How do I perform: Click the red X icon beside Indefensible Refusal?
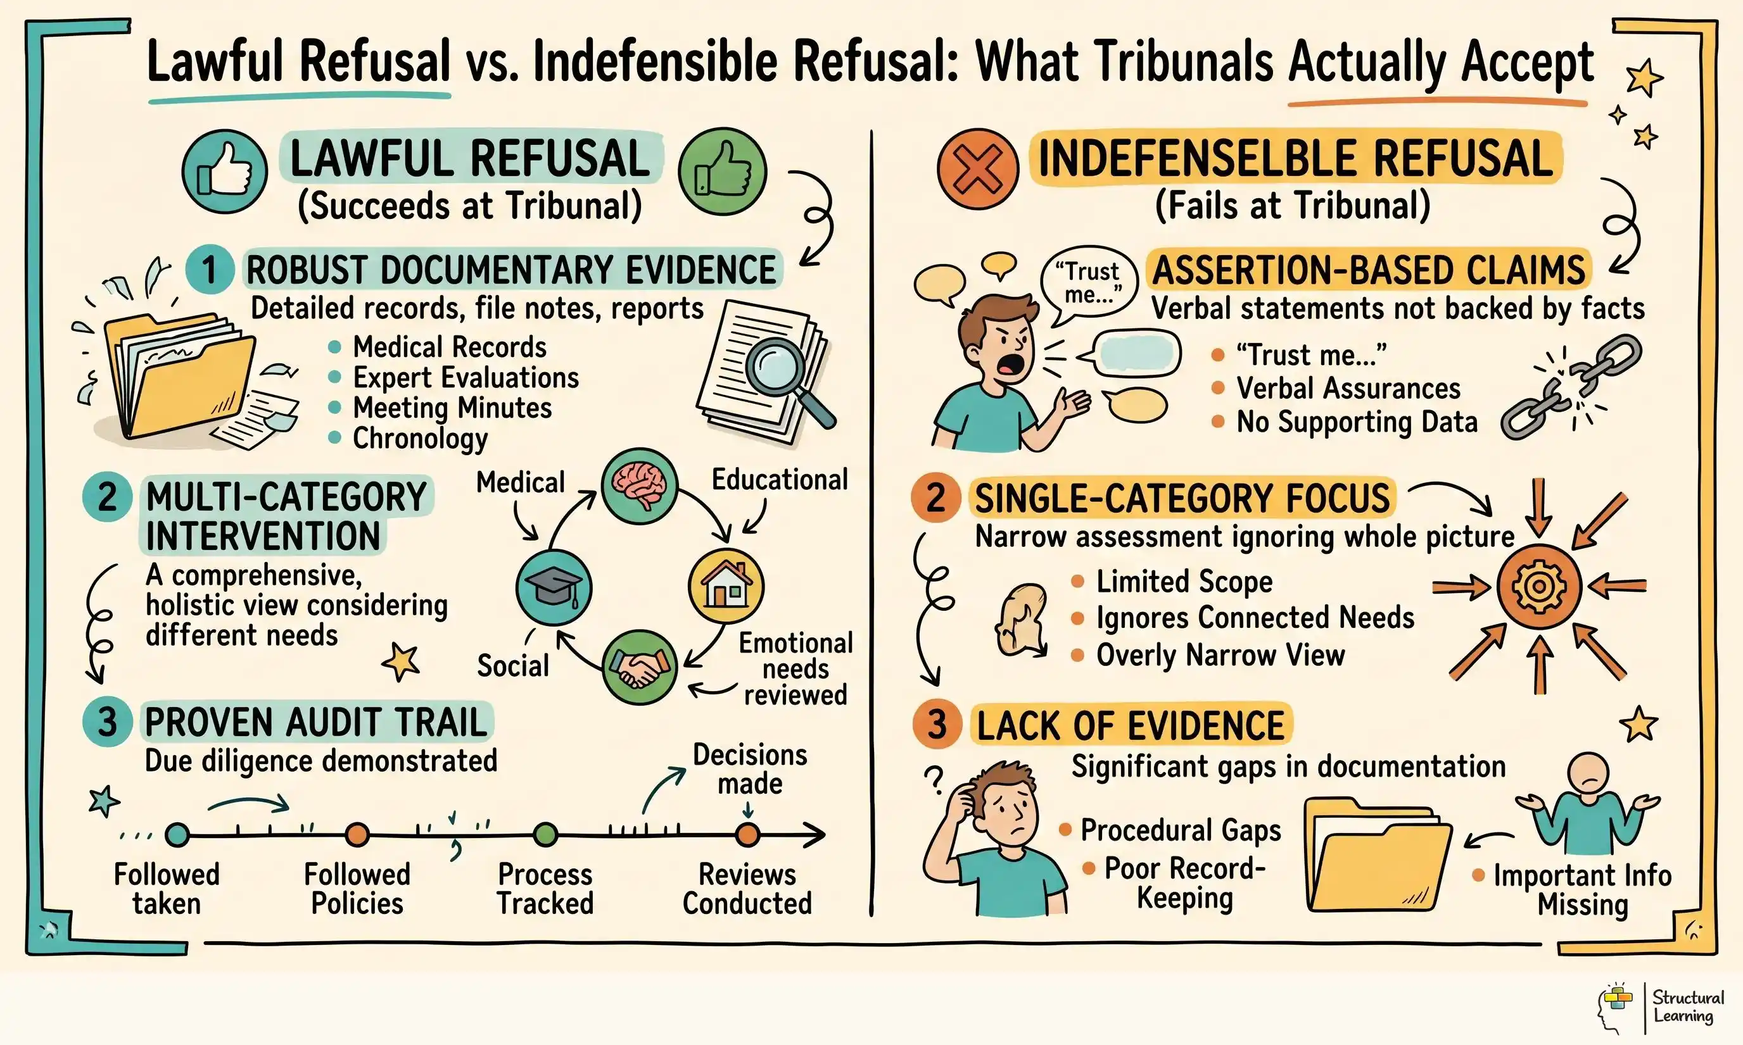[x=977, y=169]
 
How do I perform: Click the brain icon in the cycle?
[x=639, y=486]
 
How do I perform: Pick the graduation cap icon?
[x=554, y=587]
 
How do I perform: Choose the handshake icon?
[x=639, y=667]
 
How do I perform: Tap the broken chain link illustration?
[x=1570, y=388]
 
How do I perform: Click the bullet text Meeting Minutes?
[x=452, y=408]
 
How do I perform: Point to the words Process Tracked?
[x=545, y=889]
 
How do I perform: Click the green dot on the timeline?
[x=545, y=834]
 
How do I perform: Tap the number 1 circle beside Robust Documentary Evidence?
[x=209, y=270]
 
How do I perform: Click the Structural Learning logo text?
[x=1687, y=1006]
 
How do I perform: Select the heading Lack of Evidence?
[x=1130, y=725]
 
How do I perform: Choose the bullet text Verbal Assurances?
[x=1348, y=388]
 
